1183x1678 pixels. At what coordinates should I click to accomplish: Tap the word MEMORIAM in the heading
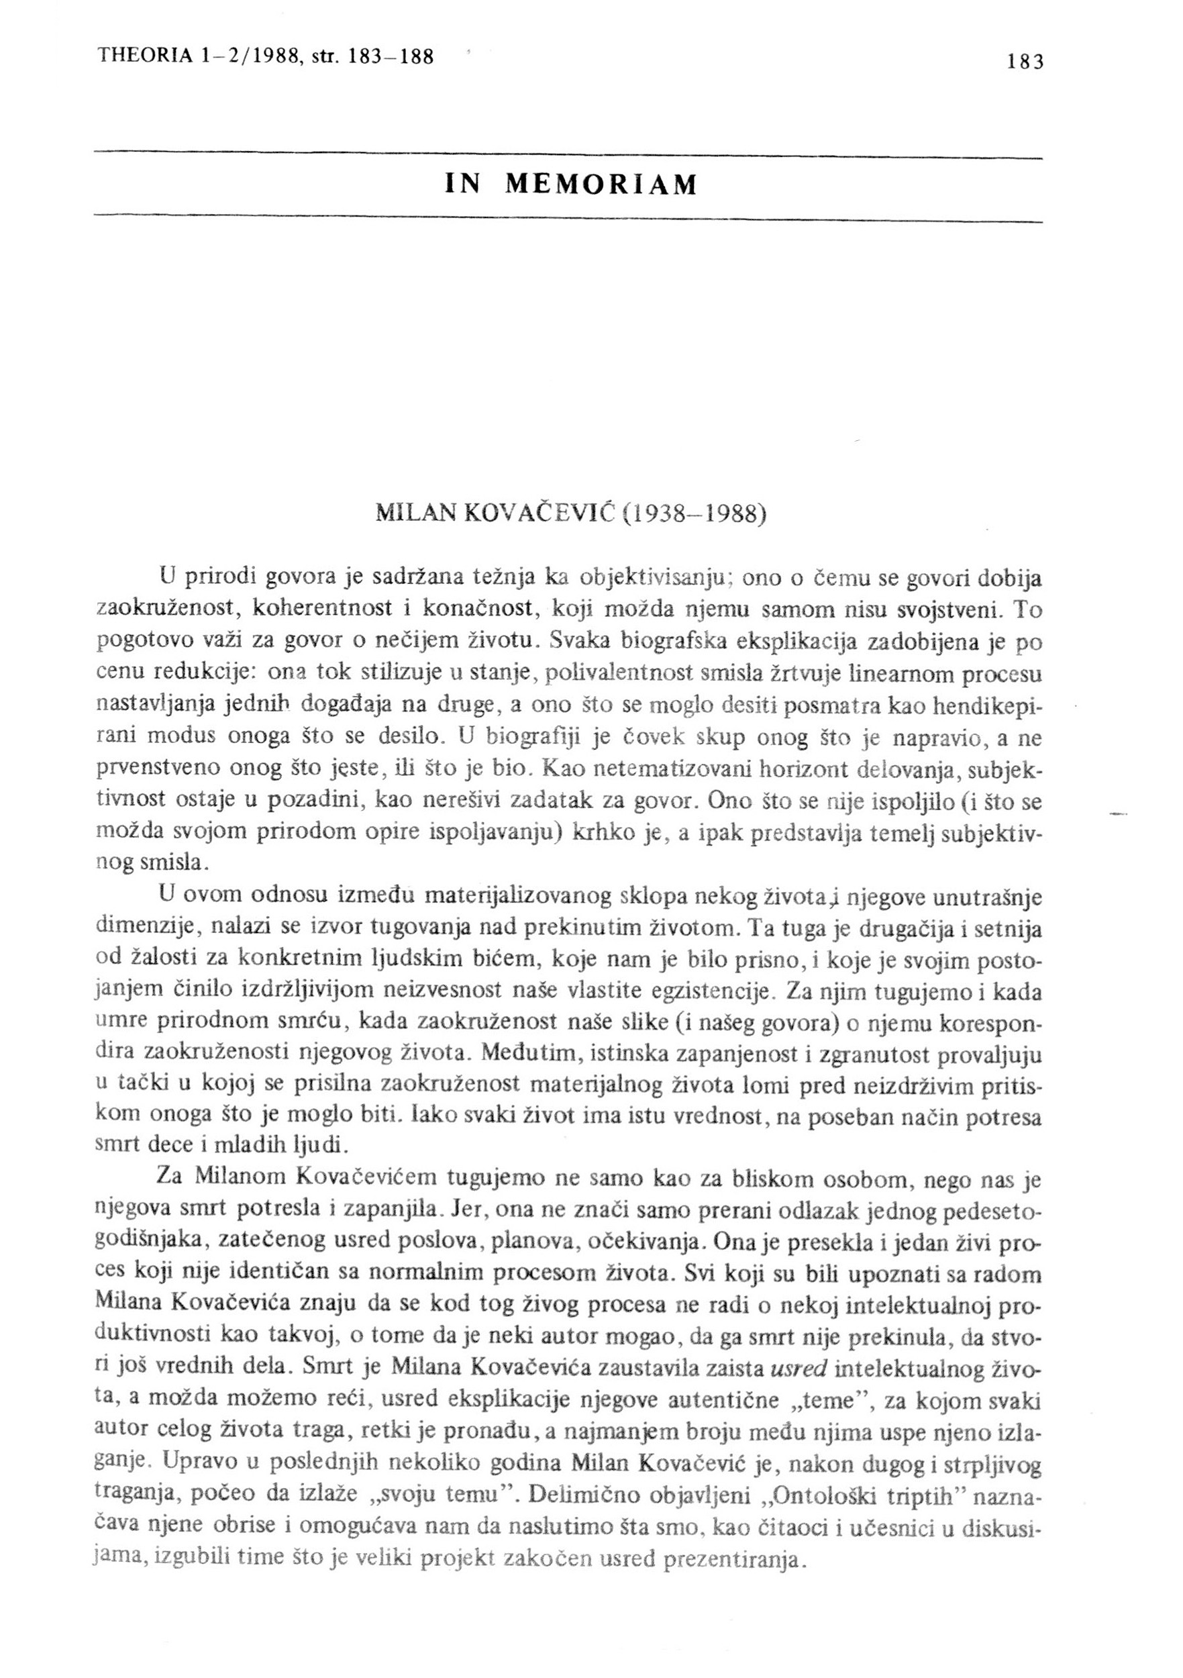coord(601,186)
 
